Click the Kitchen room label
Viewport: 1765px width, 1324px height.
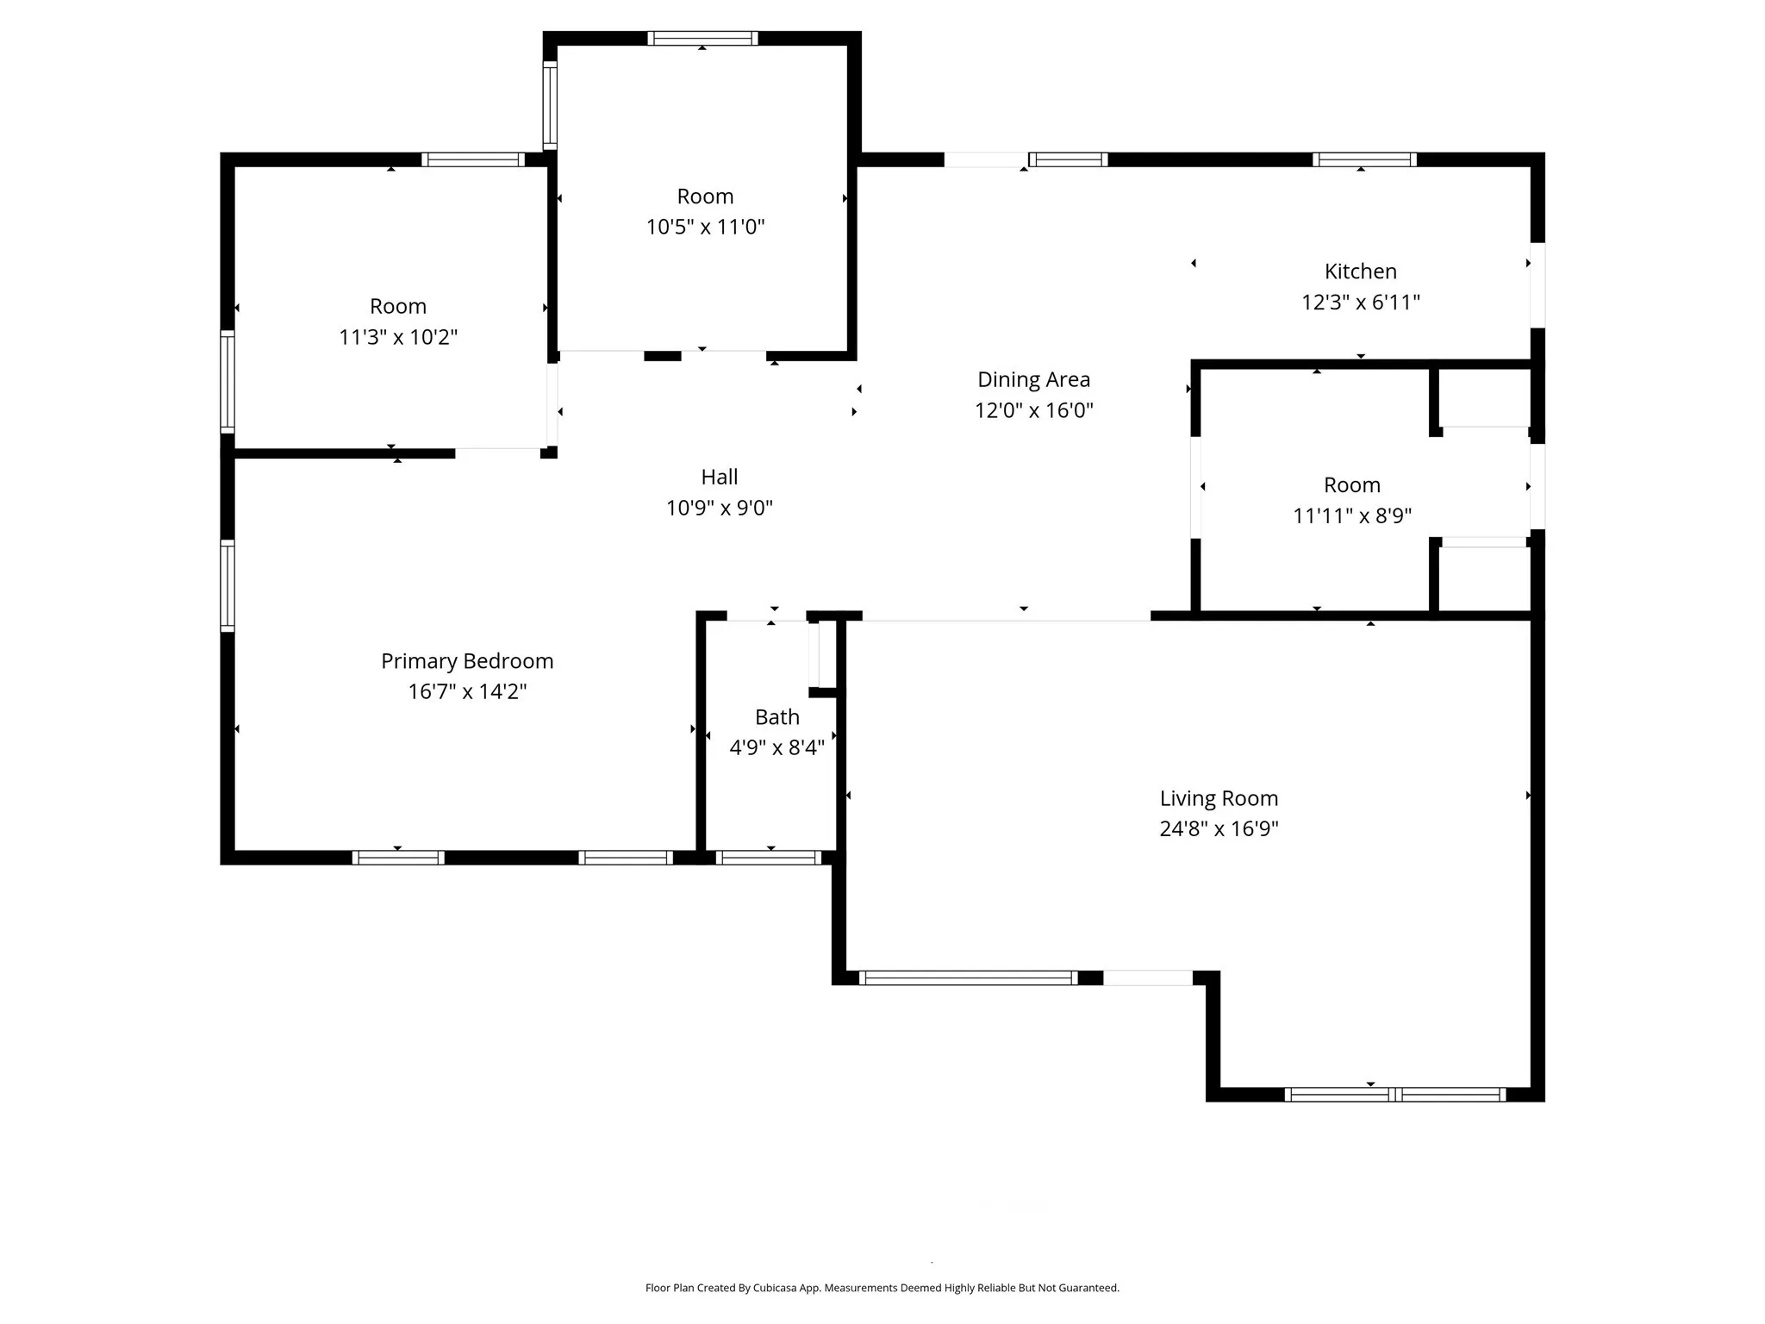click(1360, 272)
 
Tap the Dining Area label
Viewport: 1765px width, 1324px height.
click(1033, 379)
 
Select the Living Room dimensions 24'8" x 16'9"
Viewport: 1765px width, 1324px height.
click(1219, 828)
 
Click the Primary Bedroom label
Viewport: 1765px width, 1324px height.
click(467, 661)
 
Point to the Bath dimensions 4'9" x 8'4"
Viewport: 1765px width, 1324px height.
click(776, 747)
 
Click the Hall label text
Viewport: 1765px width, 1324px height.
click(719, 477)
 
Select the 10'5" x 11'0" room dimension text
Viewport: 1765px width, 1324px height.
click(705, 227)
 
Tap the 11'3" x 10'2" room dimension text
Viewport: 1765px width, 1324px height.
click(397, 337)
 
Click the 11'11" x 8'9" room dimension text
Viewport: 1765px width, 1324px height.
click(1351, 515)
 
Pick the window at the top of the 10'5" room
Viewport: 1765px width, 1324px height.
click(702, 38)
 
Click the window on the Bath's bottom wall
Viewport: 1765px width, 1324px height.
click(768, 857)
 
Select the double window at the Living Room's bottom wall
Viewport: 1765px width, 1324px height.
click(1394, 1094)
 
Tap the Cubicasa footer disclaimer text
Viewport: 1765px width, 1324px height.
click(882, 1288)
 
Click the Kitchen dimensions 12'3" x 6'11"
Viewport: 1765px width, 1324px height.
click(1360, 303)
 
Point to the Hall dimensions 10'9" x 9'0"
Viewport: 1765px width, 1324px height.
click(719, 508)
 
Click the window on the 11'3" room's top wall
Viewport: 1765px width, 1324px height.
click(473, 159)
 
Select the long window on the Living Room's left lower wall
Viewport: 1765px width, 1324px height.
click(968, 977)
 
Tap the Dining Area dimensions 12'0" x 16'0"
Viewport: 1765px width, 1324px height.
click(1033, 410)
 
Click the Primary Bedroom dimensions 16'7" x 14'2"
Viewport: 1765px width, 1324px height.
click(467, 691)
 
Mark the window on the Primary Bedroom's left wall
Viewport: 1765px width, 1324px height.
click(228, 585)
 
